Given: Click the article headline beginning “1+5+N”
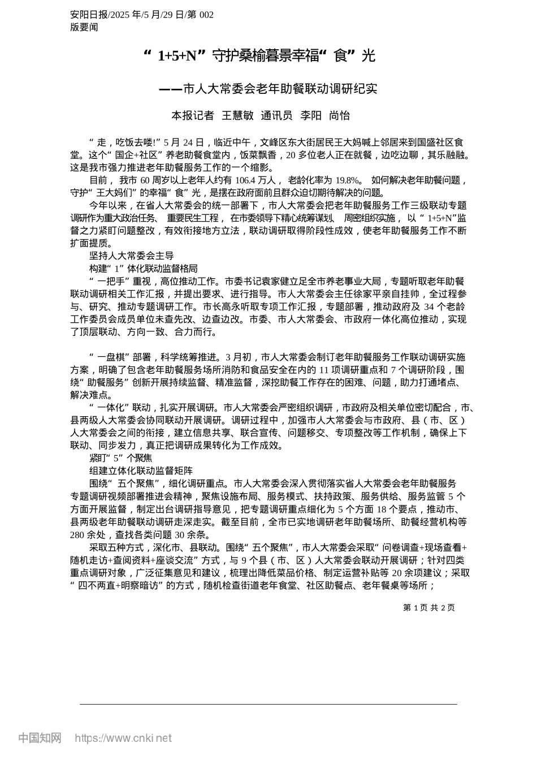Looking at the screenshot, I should tap(260, 55).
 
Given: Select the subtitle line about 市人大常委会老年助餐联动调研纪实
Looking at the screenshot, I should tap(268, 89).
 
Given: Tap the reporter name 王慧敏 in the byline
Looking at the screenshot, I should tap(237, 116).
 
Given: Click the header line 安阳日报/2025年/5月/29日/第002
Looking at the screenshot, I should tap(142, 15).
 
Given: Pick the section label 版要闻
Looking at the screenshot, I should tap(84, 27).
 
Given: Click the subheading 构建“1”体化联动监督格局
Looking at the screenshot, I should tap(143, 269).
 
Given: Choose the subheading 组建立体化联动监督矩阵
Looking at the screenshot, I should tap(141, 470).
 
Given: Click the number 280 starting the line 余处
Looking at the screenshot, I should tap(77, 534).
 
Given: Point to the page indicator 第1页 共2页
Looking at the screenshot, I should tap(428, 607).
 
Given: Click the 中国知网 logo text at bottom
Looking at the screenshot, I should tap(40, 738).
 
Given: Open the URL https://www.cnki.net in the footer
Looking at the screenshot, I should tap(123, 738).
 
